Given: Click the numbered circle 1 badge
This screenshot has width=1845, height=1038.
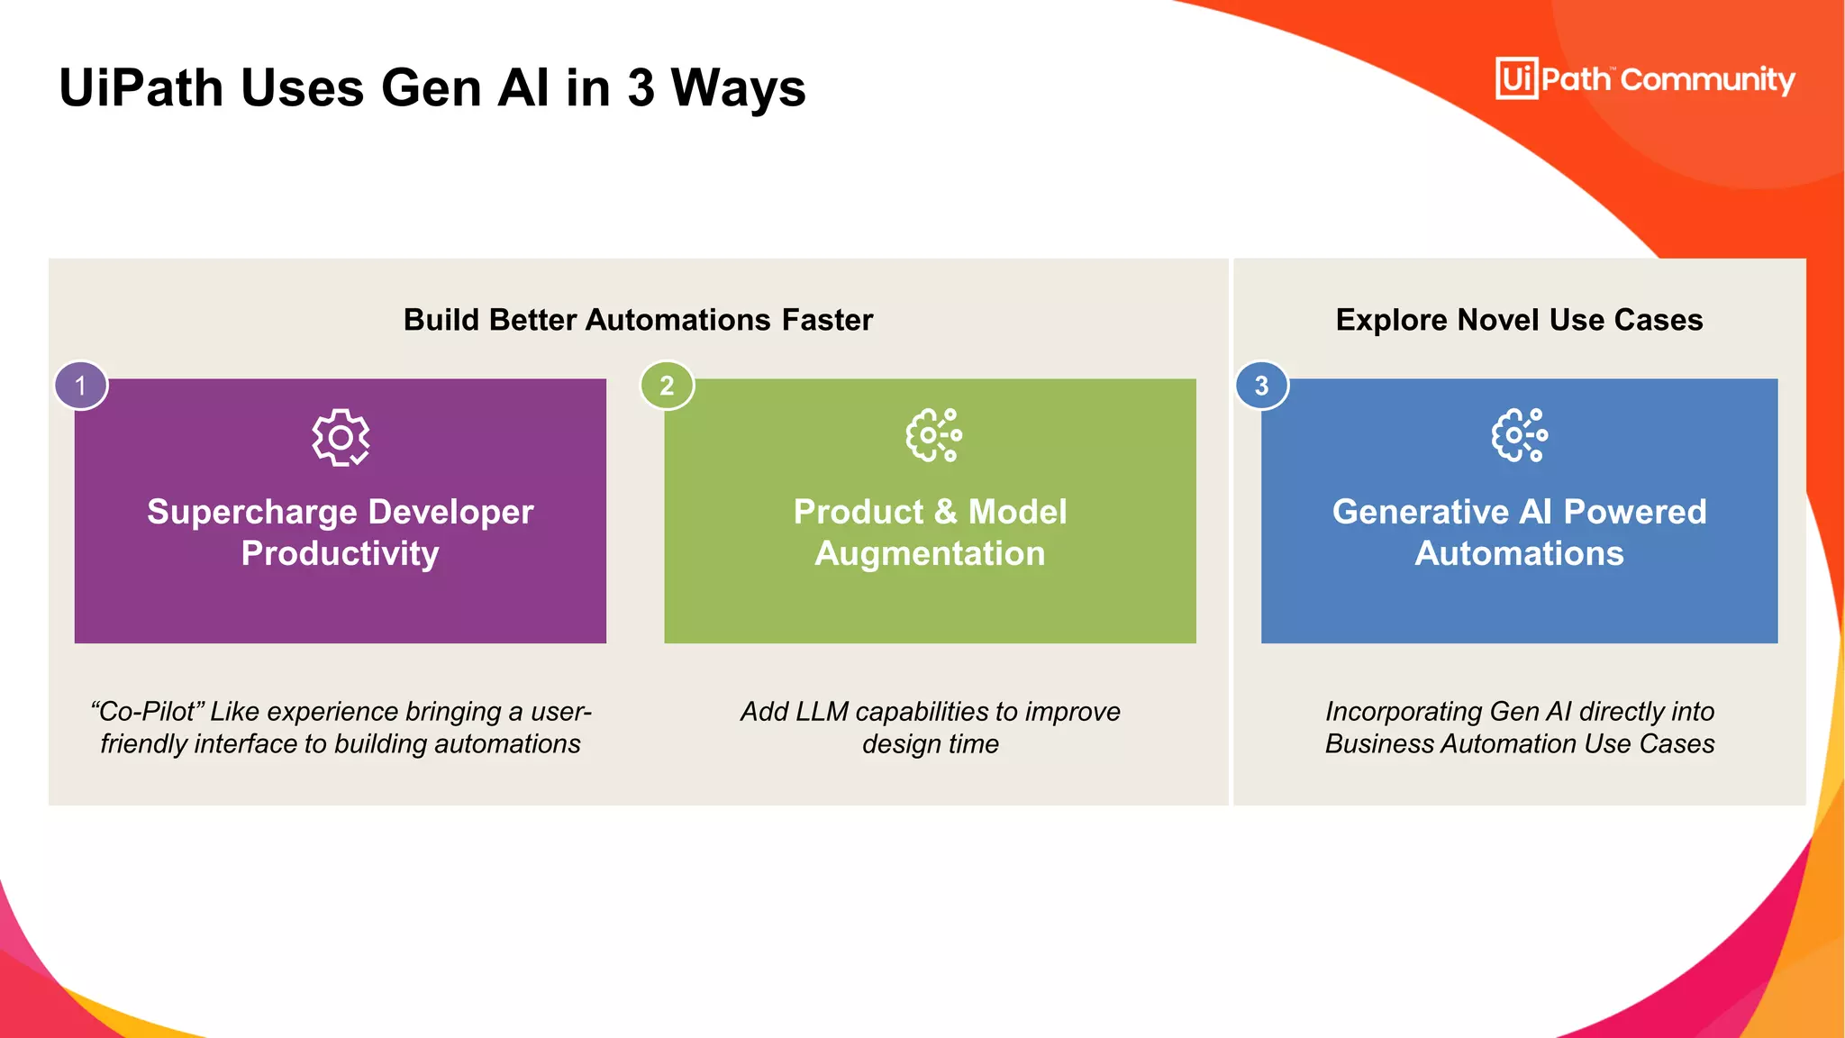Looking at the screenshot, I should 81,386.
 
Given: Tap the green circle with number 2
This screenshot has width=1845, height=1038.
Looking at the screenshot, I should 667,386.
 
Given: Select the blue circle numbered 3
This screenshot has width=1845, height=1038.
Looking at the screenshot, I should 1261,386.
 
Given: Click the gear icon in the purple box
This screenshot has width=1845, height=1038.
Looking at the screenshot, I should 341,438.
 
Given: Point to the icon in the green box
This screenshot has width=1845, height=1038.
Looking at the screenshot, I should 933,435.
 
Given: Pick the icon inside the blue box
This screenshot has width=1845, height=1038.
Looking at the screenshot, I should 1519,435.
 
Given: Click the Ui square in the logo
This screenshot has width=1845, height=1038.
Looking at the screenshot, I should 1517,78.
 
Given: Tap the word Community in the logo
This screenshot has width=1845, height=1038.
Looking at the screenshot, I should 1707,80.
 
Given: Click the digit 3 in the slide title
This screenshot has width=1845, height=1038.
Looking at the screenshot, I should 641,88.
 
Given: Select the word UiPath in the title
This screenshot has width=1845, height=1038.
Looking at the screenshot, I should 141,88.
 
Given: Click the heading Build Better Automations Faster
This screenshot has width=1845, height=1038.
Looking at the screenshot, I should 638,320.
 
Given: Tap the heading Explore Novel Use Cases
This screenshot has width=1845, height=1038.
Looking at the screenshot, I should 1519,320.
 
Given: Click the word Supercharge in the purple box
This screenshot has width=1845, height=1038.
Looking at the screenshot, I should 251,512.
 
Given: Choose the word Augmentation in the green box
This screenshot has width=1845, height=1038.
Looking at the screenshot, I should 930,553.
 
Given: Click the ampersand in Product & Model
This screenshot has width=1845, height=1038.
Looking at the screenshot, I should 945,512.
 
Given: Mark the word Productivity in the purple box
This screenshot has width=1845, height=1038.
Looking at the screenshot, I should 341,553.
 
